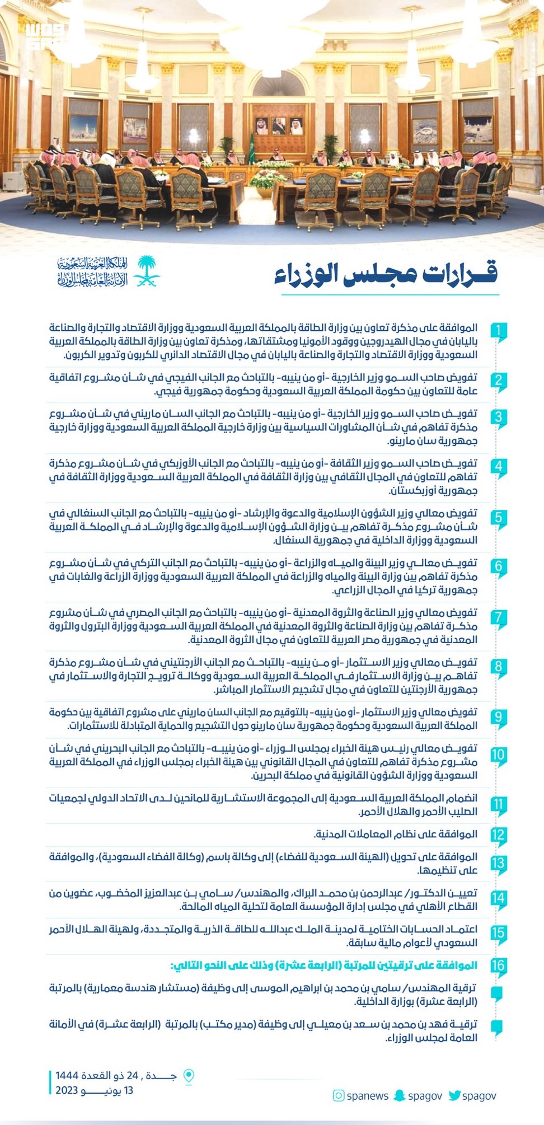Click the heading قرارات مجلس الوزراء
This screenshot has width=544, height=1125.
386,274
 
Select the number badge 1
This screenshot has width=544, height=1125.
498,331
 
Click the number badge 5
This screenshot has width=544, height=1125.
498,518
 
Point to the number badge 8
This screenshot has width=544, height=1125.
498,667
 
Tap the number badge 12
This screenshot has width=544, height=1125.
498,835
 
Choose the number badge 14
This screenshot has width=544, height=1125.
498,898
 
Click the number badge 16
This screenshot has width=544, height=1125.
498,965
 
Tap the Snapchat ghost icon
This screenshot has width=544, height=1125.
399,1095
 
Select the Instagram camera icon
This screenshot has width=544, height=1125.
338,1095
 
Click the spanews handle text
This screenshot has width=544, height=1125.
367,1095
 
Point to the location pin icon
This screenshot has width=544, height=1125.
189,1076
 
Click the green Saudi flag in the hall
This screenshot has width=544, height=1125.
251,148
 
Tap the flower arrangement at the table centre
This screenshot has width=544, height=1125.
269,179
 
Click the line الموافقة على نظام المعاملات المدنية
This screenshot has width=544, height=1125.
395,835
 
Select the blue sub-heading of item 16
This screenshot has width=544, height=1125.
324,965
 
